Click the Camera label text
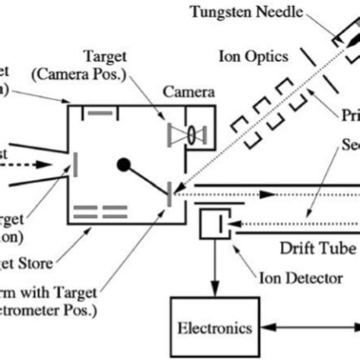coord(188,92)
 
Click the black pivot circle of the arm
coord(122,163)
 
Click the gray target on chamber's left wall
coord(74,165)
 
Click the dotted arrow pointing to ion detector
coord(289,223)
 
